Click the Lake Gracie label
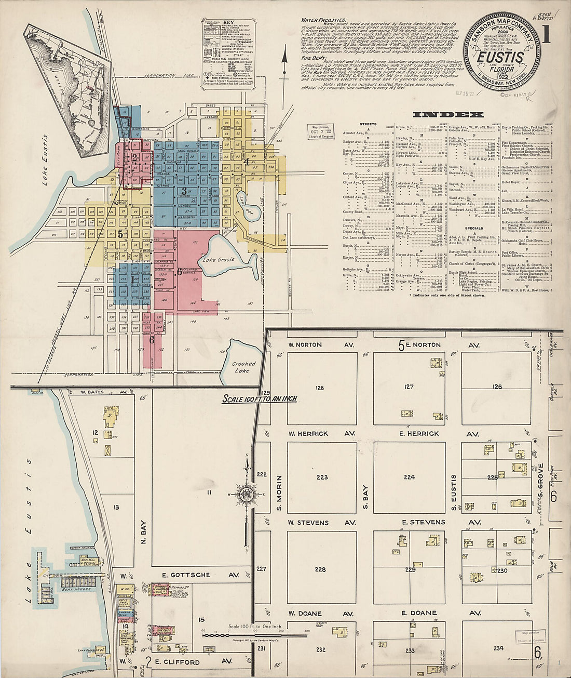point(219,259)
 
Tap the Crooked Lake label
point(243,367)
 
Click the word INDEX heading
point(447,114)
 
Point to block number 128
point(320,388)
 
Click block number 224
point(409,477)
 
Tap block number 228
point(320,569)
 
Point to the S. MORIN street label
point(279,492)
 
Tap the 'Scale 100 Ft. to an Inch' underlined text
point(260,399)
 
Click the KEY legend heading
point(229,22)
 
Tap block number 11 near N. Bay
point(209,491)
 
